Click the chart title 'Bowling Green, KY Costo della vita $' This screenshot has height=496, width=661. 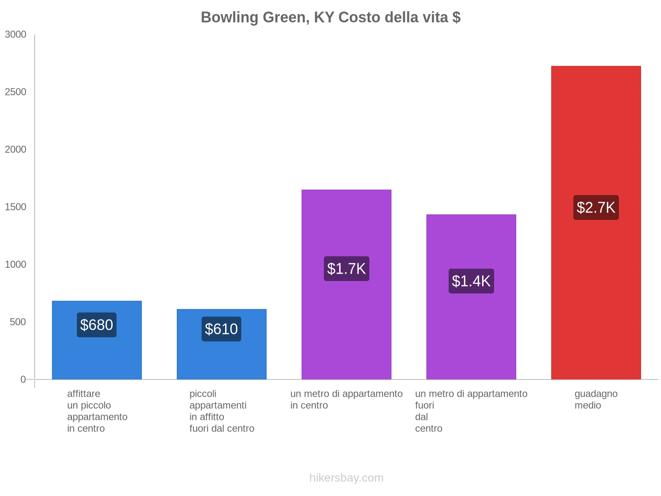click(x=330, y=17)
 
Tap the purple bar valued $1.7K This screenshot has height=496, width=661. click(x=346, y=322)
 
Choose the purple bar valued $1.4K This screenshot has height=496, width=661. click(x=471, y=331)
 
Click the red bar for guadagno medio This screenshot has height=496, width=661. click(x=596, y=289)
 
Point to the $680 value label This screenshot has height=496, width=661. click(x=97, y=325)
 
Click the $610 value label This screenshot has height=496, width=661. click(x=221, y=329)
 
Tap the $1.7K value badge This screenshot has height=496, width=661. click(x=346, y=269)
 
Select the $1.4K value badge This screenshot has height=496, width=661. click(x=471, y=281)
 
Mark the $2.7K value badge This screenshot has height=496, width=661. click(x=596, y=207)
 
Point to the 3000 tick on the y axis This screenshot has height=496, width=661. click(x=16, y=35)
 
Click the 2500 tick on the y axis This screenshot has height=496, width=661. click(x=16, y=92)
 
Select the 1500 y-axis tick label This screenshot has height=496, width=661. click(x=16, y=207)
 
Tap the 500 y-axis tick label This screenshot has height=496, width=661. click(x=18, y=322)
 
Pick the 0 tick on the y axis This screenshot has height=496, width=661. click(x=23, y=379)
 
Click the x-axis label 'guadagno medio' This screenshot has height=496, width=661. click(x=596, y=400)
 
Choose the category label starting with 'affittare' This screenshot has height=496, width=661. click(x=97, y=411)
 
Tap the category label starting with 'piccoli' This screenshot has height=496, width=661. click(x=222, y=411)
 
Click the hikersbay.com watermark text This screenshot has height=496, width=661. click(x=346, y=478)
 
